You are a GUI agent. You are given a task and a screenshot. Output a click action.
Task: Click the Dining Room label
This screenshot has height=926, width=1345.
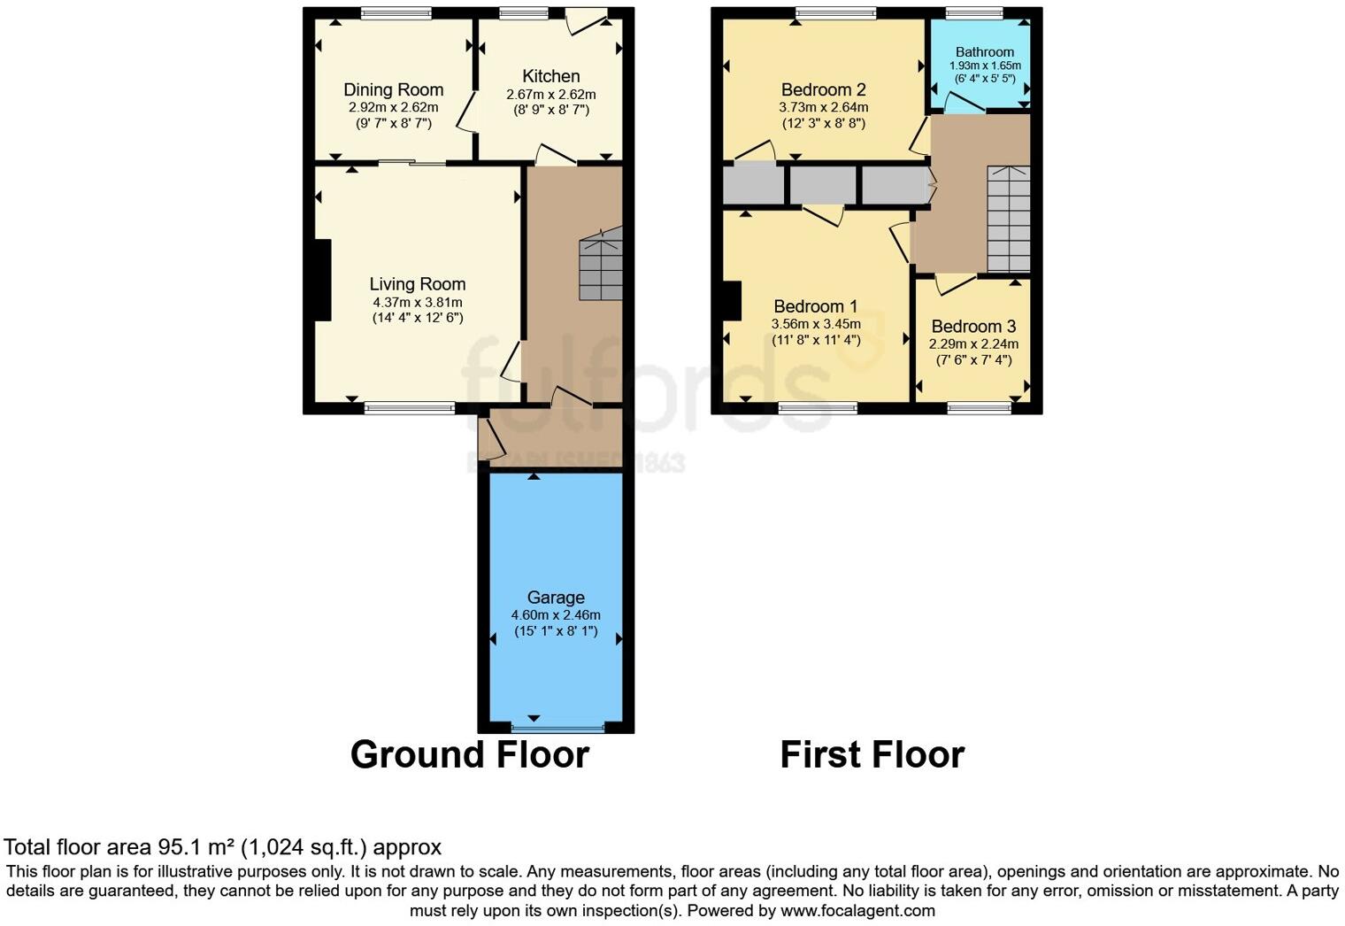coord(393,89)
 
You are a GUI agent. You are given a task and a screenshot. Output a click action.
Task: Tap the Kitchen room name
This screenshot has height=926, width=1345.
coord(550,76)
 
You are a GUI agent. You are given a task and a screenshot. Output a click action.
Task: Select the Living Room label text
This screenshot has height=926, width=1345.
coord(417,284)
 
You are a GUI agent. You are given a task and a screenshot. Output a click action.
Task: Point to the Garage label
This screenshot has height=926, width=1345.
coord(556,598)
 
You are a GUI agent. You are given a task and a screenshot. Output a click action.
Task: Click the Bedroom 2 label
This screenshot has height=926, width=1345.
coord(823,89)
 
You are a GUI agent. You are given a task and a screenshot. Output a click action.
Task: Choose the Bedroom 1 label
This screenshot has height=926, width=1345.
coord(815,306)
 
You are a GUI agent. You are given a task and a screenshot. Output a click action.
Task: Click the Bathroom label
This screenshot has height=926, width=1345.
coord(984,52)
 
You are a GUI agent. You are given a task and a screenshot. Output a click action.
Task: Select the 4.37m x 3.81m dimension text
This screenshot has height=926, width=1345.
coord(417,302)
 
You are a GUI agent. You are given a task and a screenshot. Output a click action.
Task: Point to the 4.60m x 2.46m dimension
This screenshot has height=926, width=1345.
coord(556,615)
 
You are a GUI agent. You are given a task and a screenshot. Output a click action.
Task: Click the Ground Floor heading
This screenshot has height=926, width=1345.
coord(469,755)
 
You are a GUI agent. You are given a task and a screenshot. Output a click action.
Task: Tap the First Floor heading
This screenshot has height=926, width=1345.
coord(872,755)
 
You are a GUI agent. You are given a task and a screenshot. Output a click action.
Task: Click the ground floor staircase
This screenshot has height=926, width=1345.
coord(601,264)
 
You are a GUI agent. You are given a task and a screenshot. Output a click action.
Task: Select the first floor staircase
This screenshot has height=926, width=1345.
coord(1008,219)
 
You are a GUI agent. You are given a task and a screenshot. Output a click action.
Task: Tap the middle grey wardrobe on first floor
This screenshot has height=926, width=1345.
coord(822,185)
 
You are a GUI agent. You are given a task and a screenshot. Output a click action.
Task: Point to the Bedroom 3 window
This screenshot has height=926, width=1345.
coord(979,408)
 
